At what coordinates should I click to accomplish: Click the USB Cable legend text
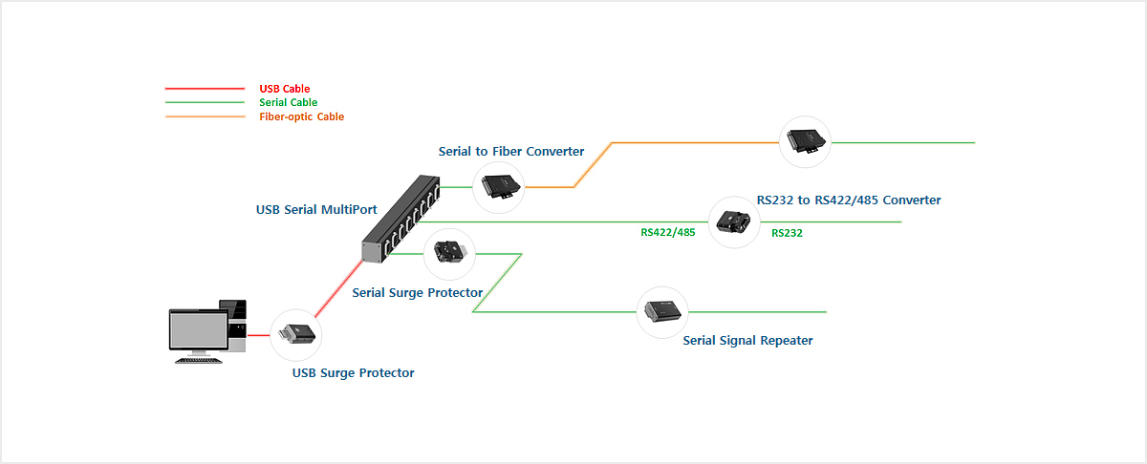[x=284, y=89]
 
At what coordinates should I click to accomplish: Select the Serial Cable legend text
[x=288, y=102]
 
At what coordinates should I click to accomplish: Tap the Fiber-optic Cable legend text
[x=301, y=116]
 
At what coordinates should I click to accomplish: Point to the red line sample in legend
[x=205, y=89]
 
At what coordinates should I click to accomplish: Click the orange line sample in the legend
[x=205, y=116]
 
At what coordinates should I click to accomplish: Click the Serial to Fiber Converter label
[x=511, y=151]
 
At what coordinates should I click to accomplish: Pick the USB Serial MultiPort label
[x=316, y=209]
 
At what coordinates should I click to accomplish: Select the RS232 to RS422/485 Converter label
[x=849, y=200]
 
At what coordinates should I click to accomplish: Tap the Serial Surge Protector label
[x=418, y=292]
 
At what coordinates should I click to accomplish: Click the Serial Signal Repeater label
[x=747, y=340]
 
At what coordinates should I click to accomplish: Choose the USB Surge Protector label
[x=353, y=372]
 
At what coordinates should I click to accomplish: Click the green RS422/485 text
[x=667, y=232]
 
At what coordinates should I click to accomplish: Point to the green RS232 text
[x=787, y=232]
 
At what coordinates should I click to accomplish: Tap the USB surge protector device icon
[x=296, y=335]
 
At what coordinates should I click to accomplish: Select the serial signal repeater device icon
[x=662, y=311]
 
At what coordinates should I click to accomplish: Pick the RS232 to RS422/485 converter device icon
[x=734, y=222]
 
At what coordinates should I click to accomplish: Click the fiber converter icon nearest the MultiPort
[x=500, y=186]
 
